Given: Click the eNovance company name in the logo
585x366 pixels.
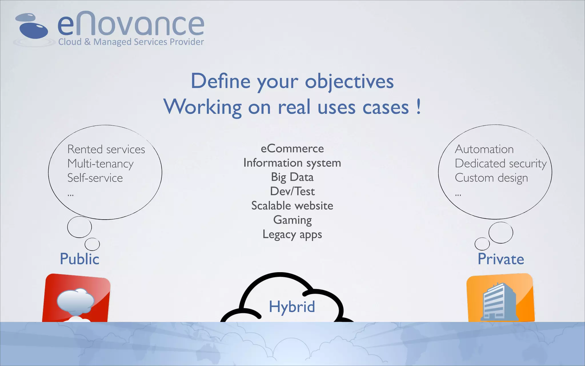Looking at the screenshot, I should [131, 24].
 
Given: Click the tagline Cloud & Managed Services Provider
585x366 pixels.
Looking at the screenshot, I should [131, 42].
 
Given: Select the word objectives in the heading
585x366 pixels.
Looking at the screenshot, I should [349, 81].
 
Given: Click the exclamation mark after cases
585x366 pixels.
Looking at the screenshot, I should [418, 106].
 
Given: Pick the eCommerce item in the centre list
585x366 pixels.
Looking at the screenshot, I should [292, 149].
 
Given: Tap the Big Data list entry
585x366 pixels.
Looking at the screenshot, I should [292, 177].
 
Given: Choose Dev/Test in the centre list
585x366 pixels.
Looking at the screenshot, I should [292, 191].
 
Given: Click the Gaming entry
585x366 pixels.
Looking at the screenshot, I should [292, 220].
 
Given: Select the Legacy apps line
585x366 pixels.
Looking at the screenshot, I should [292, 234].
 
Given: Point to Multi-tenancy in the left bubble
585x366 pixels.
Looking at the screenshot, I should [100, 164].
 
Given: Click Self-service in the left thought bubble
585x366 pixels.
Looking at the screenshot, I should [95, 178].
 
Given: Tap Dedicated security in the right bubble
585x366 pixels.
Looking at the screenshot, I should [500, 164].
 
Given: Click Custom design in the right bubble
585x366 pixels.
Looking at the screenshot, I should [491, 178].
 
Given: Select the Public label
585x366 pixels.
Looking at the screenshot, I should [79, 259].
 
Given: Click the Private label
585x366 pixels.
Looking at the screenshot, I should [501, 259].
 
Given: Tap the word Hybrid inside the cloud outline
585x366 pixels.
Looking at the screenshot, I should [292, 307].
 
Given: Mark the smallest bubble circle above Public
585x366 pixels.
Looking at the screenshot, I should [92, 244].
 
